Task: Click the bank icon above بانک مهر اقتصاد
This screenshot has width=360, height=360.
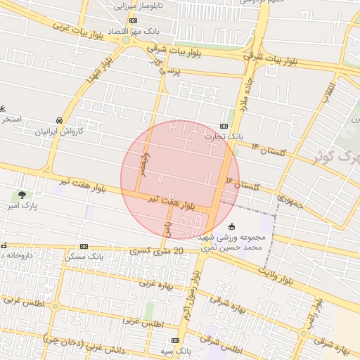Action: (x=134, y=21)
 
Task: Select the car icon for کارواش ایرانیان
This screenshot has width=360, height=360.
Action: (x=60, y=120)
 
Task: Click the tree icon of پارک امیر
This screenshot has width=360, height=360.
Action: (x=22, y=195)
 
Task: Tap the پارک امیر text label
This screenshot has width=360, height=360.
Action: (x=28, y=206)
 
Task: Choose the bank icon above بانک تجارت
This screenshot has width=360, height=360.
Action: (x=224, y=126)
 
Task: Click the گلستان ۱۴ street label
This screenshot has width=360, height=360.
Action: (x=268, y=150)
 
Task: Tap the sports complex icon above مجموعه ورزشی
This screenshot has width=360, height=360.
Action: (x=233, y=226)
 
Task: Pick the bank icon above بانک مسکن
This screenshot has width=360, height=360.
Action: (x=84, y=246)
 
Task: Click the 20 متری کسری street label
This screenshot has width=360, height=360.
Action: (x=157, y=251)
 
